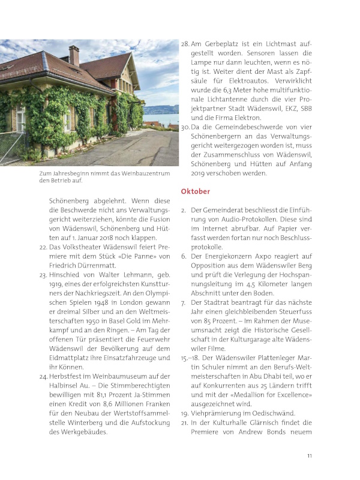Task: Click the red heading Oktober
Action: (x=195, y=191)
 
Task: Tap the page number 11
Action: (x=310, y=456)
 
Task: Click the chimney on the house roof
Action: (x=74, y=56)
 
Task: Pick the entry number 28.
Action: (x=185, y=44)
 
